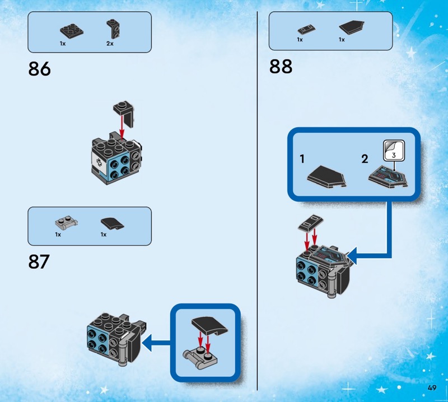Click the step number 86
click(x=39, y=69)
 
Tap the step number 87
click(x=39, y=261)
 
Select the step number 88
click(x=281, y=67)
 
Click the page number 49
click(x=432, y=387)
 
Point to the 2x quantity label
click(x=110, y=44)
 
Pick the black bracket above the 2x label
click(x=113, y=29)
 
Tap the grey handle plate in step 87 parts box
click(x=66, y=223)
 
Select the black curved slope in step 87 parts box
click(x=113, y=223)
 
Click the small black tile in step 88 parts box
click(x=306, y=30)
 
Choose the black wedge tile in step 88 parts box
click(x=352, y=27)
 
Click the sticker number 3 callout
click(x=394, y=151)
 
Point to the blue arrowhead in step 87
click(x=147, y=343)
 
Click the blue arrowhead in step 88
click(x=352, y=256)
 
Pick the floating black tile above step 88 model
click(x=311, y=223)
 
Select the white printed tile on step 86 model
click(x=96, y=162)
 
